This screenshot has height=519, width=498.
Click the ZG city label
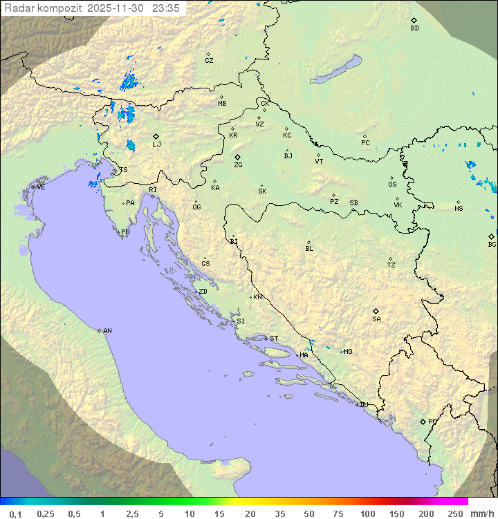[238, 166]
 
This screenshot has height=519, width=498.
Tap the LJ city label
[156, 144]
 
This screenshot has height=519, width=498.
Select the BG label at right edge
[492, 245]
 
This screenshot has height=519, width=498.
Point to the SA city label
[376, 319]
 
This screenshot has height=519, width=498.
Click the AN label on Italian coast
[107, 331]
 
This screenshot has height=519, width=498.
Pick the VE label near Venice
[41, 187]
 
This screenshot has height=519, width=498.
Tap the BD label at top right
[414, 28]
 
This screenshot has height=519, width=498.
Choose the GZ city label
[209, 61]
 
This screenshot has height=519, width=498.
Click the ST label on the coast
[274, 339]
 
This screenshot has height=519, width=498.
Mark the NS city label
[459, 209]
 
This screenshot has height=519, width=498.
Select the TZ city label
[391, 265]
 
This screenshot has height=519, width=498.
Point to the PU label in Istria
[125, 232]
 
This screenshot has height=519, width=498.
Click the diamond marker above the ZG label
[237, 158]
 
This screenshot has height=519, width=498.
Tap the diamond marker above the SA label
[376, 311]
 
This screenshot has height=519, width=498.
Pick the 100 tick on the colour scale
[367, 513]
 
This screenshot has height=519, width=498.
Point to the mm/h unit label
[482, 513]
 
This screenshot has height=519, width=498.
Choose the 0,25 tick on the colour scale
[46, 513]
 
